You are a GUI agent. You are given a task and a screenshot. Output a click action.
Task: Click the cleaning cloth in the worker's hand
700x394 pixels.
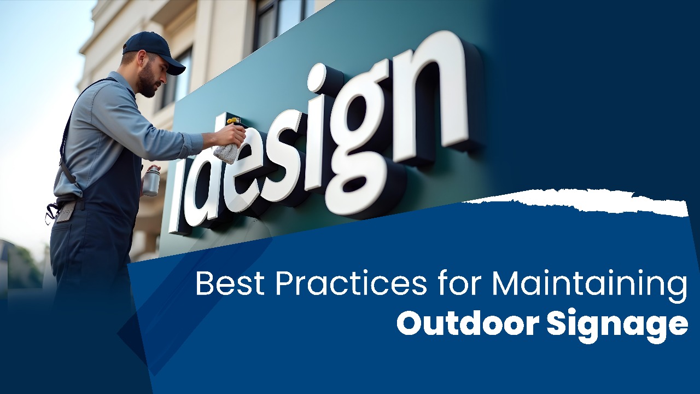click(226, 152)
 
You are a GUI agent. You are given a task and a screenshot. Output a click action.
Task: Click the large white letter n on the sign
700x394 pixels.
click(432, 99)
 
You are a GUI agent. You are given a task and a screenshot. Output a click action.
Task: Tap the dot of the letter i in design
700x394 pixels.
click(318, 78)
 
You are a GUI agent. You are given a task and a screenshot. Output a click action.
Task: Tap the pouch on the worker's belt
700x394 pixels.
click(66, 211)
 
